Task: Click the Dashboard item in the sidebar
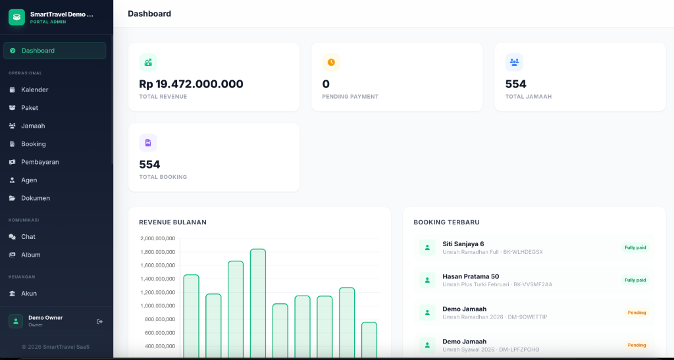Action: (54, 51)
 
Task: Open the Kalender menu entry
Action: (34, 90)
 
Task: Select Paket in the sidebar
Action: (30, 108)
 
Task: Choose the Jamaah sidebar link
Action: (33, 126)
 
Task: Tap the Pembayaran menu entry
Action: (39, 162)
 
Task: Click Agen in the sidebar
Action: (29, 180)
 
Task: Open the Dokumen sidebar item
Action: (36, 198)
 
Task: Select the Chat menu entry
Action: (28, 237)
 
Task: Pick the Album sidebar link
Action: (30, 255)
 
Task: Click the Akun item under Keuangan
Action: (29, 294)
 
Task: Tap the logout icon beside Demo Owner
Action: (100, 321)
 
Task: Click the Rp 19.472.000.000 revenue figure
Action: (191, 84)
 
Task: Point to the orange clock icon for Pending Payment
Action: (331, 63)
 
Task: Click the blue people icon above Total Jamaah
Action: (514, 63)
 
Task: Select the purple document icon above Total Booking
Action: (148, 143)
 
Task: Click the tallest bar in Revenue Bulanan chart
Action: (258, 303)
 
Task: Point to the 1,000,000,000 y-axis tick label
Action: (157, 306)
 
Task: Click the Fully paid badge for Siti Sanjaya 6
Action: (635, 247)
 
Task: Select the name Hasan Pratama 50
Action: (471, 276)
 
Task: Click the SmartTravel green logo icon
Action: (16, 17)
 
